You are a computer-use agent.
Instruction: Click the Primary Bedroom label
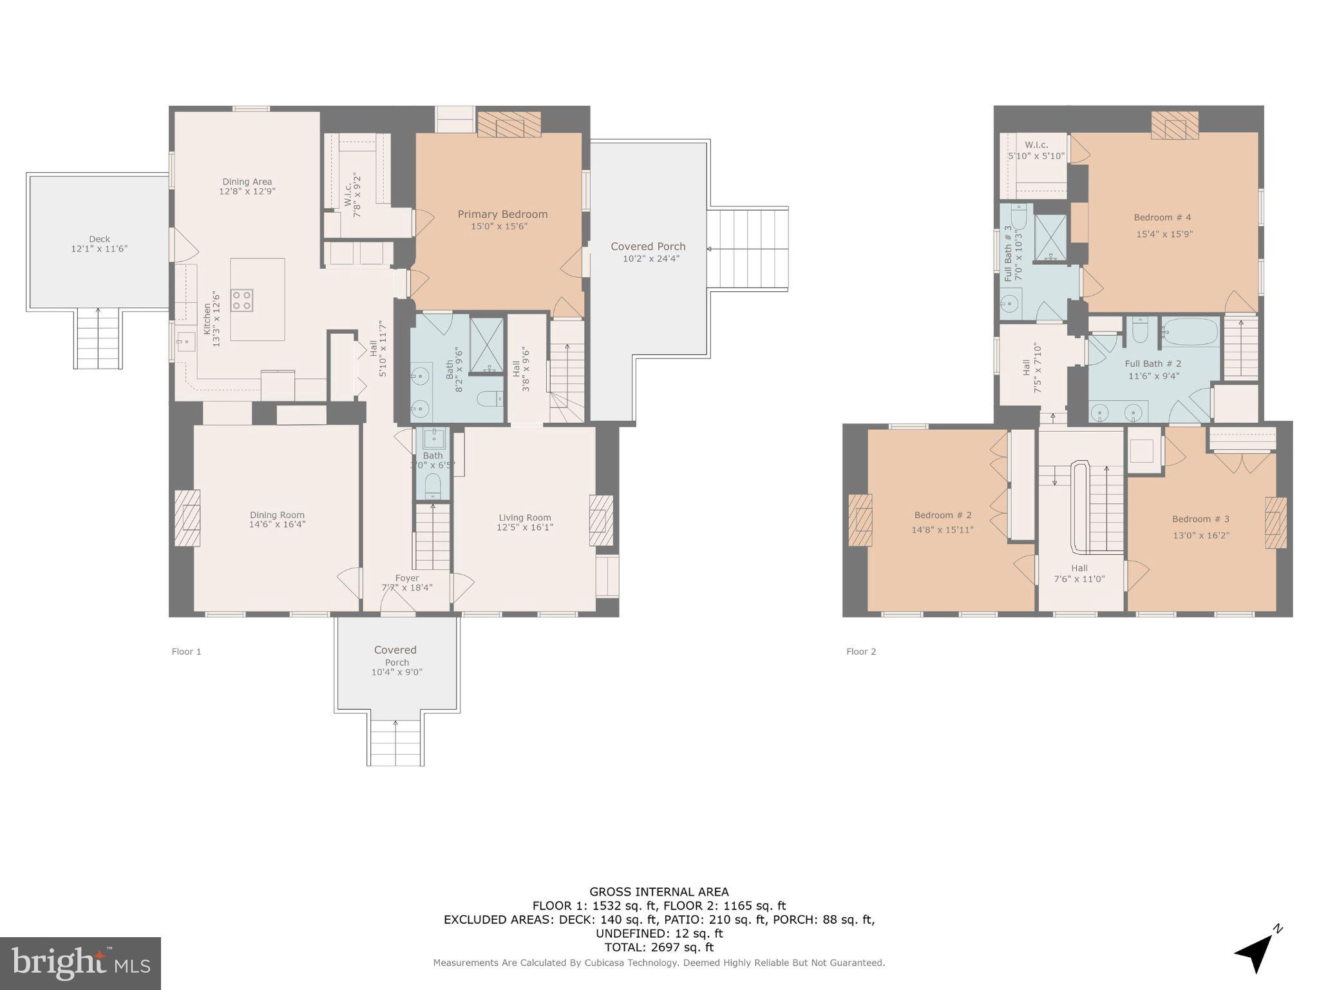click(x=502, y=214)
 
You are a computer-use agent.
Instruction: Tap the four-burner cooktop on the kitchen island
click(x=242, y=300)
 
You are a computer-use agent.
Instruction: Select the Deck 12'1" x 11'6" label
click(x=99, y=244)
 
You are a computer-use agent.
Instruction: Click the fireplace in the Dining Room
click(x=187, y=518)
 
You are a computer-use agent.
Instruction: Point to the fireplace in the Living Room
click(x=601, y=520)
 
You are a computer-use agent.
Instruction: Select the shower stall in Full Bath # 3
click(x=1050, y=238)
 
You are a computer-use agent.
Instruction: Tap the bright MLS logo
click(x=80, y=963)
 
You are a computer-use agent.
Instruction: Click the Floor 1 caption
click(x=186, y=652)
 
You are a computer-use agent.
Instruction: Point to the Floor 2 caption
click(x=860, y=652)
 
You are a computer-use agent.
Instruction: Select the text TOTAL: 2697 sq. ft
click(x=659, y=947)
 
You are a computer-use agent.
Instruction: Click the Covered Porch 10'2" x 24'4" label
click(x=648, y=252)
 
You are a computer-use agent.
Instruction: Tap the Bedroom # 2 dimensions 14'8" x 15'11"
click(x=942, y=530)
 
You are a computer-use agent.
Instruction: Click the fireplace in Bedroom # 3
click(x=1275, y=523)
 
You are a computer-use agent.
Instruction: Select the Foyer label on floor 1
click(x=406, y=578)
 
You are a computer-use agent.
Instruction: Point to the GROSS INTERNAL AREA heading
click(x=659, y=892)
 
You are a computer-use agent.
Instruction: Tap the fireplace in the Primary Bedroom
click(x=509, y=124)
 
